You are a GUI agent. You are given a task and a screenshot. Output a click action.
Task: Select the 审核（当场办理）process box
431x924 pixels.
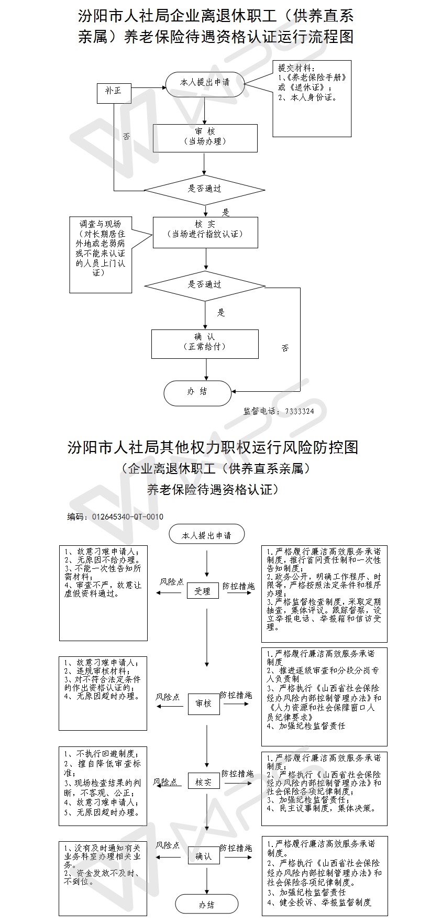(205, 138)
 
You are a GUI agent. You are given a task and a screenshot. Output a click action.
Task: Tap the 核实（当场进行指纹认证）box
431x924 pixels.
(205, 232)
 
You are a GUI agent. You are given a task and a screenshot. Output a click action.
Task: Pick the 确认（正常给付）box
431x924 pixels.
(205, 344)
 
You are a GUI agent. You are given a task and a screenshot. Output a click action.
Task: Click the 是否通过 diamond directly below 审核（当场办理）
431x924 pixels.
(205, 189)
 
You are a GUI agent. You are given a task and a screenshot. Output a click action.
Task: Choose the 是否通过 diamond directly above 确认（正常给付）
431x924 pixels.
(205, 285)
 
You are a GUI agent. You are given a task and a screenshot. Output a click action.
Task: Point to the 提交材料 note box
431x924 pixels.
(312, 98)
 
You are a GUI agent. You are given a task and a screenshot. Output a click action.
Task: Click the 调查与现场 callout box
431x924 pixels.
(101, 255)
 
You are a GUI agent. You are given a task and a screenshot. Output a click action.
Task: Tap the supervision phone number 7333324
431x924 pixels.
(300, 411)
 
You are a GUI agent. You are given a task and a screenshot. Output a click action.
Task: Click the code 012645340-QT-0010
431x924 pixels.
(127, 516)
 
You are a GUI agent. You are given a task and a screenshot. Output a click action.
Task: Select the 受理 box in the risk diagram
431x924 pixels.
(202, 591)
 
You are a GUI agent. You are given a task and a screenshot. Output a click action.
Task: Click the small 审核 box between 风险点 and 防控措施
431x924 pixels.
(204, 703)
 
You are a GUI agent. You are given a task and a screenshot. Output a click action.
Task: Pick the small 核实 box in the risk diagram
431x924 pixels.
(204, 782)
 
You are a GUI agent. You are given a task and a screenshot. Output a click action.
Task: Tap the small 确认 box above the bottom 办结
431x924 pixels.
(204, 856)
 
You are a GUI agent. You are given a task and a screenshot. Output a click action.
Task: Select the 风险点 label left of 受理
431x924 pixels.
(172, 582)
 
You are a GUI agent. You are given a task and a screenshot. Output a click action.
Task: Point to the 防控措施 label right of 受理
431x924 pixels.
(238, 586)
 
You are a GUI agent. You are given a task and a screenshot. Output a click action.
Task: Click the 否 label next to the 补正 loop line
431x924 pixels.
(126, 137)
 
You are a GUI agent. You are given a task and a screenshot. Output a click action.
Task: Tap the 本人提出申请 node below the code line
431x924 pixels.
(206, 535)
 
